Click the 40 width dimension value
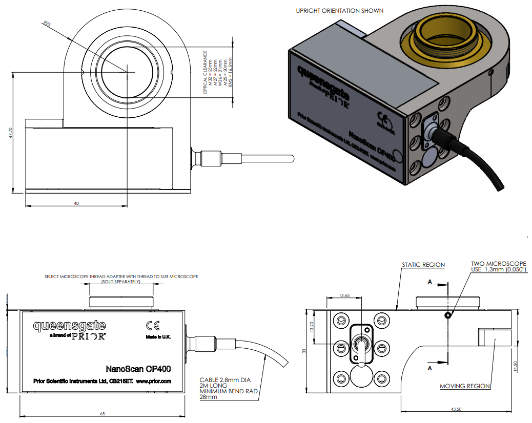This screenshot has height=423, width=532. pos(76,203)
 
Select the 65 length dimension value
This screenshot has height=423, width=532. pos(102,413)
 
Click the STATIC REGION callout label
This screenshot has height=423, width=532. pos(423,265)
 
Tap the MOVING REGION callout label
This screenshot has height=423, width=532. pos(465,386)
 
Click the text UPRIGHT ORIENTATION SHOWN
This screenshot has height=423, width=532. pos(339,11)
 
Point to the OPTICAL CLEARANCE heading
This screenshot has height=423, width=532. pos(206,72)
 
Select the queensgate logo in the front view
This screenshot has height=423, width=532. pos(69,325)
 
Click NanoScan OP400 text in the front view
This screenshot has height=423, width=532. pos(138,368)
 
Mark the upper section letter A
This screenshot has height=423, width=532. pos(429,282)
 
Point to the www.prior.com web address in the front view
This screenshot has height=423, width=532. pos(153,381)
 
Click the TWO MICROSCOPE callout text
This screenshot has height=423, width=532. pos(498,264)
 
